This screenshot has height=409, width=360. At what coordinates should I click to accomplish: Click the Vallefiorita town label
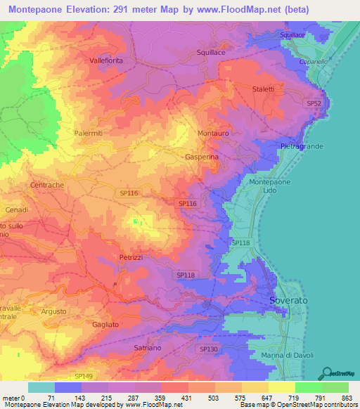(106, 61)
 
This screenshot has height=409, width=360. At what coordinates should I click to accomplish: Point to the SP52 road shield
(314, 103)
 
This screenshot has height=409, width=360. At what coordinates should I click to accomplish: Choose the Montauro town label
(213, 133)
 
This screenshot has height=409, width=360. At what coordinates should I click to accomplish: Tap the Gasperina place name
(202, 158)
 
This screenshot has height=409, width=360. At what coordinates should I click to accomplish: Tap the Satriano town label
(148, 348)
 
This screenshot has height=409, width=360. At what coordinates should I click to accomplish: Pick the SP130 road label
(209, 349)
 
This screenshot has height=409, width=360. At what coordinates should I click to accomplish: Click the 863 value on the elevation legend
(348, 398)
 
